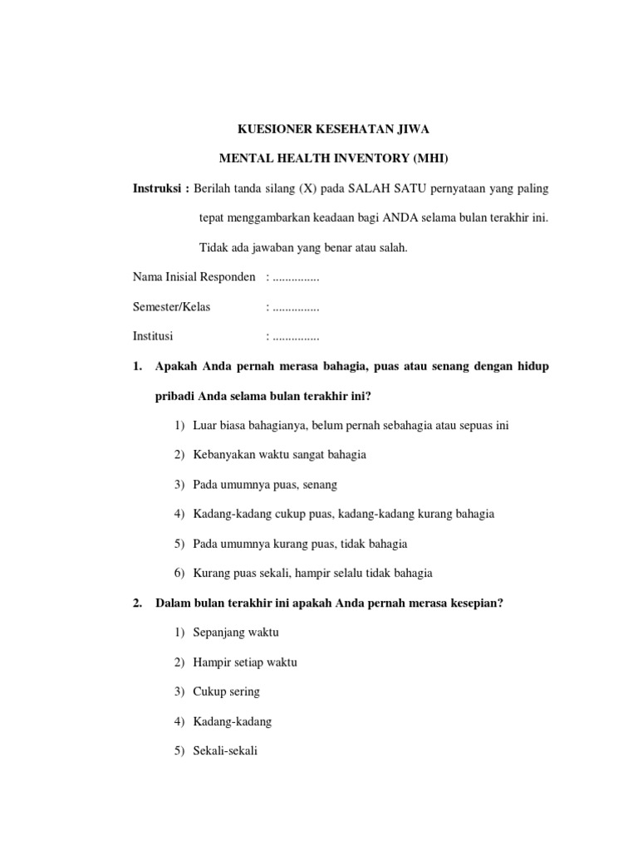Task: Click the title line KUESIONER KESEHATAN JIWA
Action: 334,129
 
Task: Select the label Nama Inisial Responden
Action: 194,276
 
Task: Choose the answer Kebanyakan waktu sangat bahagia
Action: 279,455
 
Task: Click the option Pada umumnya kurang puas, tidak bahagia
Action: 300,544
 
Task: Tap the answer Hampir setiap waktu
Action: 244,662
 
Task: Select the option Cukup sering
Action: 226,691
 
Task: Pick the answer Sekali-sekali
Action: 225,750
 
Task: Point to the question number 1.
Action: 137,366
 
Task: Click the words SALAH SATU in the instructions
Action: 382,188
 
